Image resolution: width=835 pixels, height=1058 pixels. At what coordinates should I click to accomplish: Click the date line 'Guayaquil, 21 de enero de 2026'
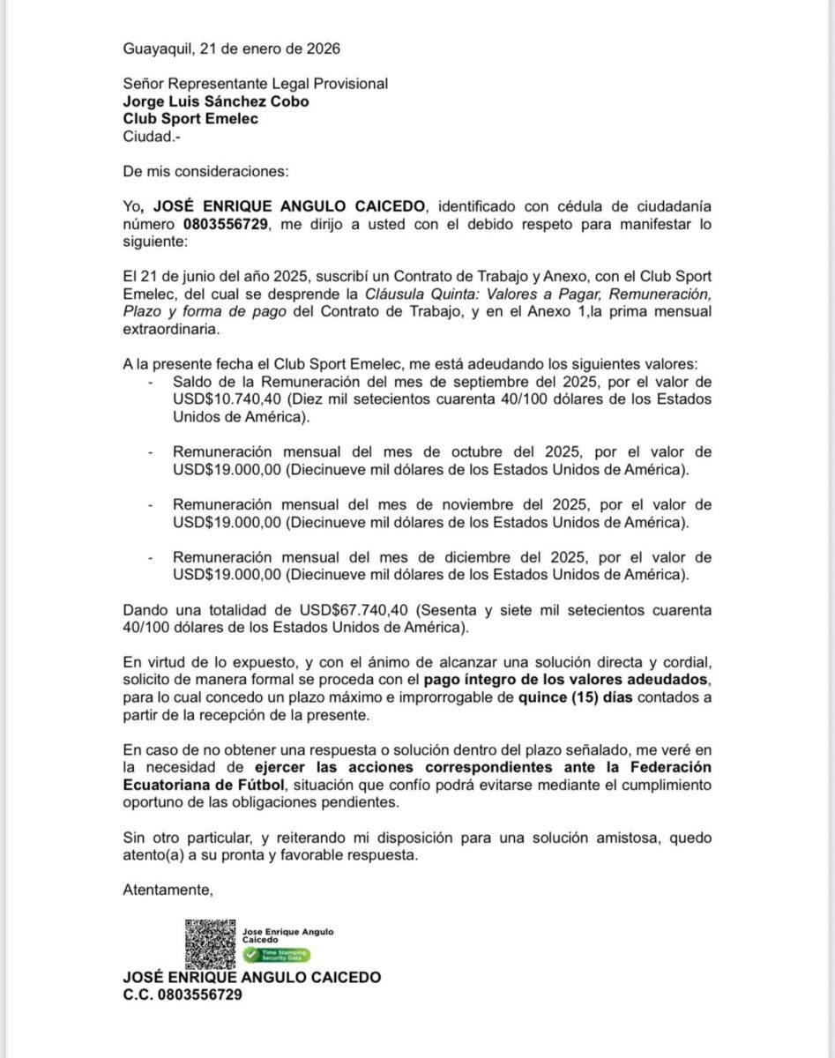coord(232,48)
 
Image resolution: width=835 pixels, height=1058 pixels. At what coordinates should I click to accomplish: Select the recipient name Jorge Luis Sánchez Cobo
coord(216,101)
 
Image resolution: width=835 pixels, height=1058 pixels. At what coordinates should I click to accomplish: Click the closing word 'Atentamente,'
coord(168,889)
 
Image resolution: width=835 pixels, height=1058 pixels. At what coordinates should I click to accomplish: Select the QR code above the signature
coord(210,943)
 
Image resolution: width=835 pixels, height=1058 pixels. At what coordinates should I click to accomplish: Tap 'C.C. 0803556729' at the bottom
coord(183,995)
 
